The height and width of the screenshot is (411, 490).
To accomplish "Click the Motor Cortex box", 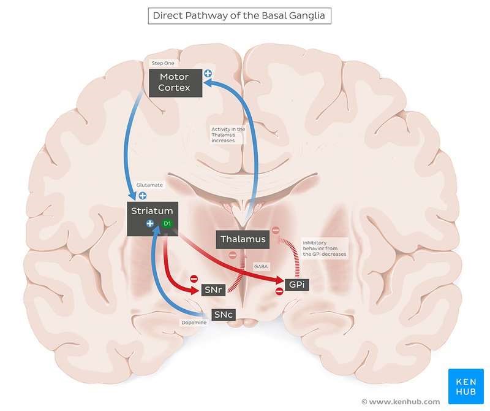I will (x=175, y=82).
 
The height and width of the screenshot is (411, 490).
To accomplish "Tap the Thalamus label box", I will (x=243, y=239).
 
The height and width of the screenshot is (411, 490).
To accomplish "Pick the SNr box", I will (x=218, y=290).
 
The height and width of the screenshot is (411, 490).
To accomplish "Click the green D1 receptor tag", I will (x=167, y=224).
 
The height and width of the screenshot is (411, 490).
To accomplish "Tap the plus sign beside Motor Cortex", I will (x=208, y=74).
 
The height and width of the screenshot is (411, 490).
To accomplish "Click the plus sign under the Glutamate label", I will (x=142, y=196).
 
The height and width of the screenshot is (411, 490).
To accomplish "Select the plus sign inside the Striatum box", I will (x=150, y=224).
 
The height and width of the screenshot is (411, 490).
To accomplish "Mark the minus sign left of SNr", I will (x=194, y=278).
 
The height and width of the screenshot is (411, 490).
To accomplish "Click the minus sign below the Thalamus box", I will (x=232, y=255).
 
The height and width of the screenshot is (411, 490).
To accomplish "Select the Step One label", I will (x=162, y=63).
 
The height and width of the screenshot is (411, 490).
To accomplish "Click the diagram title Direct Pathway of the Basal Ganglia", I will (x=239, y=15).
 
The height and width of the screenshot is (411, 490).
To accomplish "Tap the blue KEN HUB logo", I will (x=466, y=386).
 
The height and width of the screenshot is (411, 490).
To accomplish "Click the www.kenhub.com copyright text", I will (x=401, y=402).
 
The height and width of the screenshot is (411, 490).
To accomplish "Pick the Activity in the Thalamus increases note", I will (x=228, y=135).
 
